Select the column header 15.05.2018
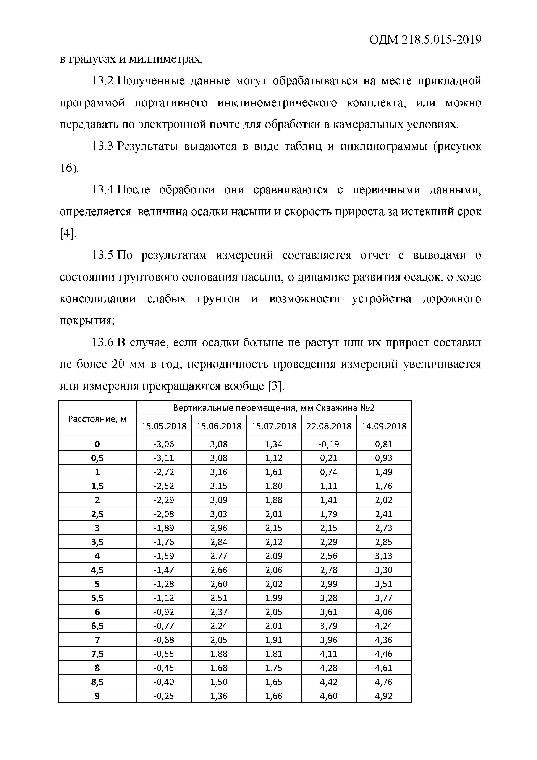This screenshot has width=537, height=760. click(164, 426)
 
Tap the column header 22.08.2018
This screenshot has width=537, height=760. click(328, 426)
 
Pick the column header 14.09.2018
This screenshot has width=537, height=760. click(383, 426)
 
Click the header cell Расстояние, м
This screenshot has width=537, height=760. click(97, 419)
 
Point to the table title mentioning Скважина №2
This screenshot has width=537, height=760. click(274, 408)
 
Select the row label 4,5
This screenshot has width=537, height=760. click(97, 570)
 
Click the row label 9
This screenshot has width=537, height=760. click(97, 696)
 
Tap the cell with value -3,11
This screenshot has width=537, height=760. click(164, 458)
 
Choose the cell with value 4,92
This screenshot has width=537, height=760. click(383, 696)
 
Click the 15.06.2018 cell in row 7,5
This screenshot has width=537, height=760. click(219, 654)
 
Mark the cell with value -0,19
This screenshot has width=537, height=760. click(328, 444)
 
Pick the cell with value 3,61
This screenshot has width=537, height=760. click(328, 612)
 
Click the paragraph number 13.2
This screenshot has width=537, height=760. click(103, 81)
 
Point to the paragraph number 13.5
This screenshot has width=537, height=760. click(103, 255)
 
